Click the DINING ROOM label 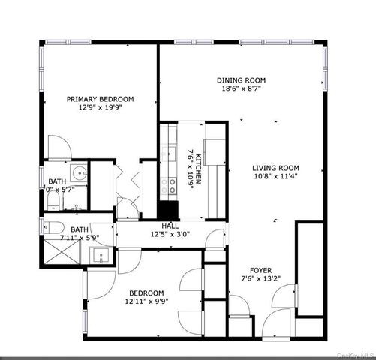242,80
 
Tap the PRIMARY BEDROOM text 100,98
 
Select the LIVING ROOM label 276,168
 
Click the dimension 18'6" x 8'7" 242,89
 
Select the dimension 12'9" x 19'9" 100,107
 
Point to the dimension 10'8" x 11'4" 276,178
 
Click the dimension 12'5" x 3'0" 170,235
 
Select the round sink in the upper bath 79,172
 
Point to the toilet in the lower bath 53,226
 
